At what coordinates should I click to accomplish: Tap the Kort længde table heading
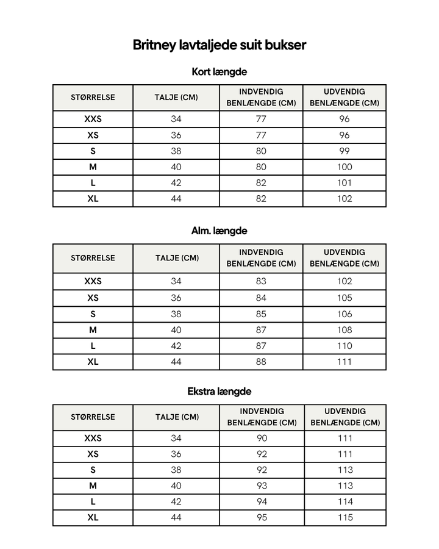[219, 72]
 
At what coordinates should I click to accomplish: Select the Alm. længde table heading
[219, 231]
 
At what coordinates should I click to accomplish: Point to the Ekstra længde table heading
[219, 392]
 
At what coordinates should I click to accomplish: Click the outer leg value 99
[344, 151]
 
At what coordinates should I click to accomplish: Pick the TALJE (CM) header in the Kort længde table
[176, 98]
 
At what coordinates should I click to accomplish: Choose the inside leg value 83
[261, 281]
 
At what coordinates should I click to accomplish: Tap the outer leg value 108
[344, 330]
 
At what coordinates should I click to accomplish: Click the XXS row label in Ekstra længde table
[93, 438]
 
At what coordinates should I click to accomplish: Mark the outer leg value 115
[345, 517]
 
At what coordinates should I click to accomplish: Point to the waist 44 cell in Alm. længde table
[176, 362]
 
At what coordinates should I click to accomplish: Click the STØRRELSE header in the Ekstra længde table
[93, 417]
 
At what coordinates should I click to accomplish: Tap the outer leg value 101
[344, 183]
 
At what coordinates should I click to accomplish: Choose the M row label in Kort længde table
[93, 167]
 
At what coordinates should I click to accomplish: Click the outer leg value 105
[344, 298]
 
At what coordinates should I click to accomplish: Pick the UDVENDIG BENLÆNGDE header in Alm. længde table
[344, 258]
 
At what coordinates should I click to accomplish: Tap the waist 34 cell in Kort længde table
[176, 119]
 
